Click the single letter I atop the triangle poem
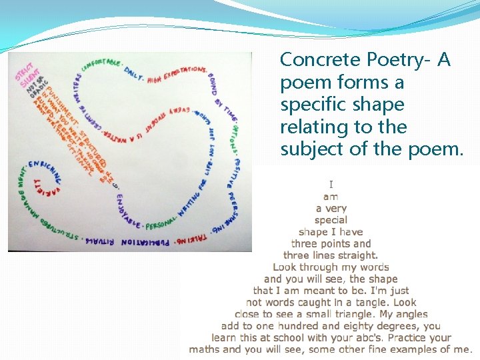331,185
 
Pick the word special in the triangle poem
331,219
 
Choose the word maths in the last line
205,349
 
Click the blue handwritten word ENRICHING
45,167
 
